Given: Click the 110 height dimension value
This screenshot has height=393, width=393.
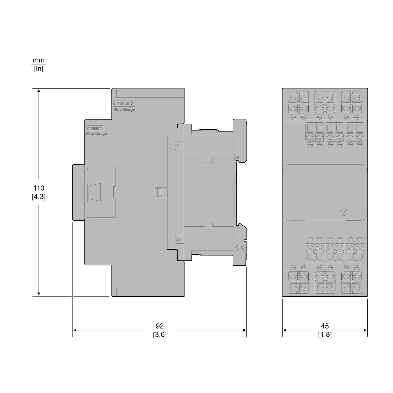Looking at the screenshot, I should tap(39, 188).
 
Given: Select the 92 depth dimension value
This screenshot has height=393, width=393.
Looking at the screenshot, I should tap(160, 326).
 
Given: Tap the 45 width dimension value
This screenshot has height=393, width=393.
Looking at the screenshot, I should tap(325, 326).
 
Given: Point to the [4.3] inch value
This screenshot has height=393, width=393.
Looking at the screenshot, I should tap(39, 197).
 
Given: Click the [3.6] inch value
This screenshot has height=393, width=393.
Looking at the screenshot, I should tap(160, 335).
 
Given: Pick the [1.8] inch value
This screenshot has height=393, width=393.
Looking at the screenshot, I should tap(325, 335).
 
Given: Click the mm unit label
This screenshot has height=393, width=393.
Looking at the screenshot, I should tap(39, 60).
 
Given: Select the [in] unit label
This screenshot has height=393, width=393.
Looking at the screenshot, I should tap(39, 69).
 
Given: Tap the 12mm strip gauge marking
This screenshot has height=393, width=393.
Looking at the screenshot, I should tap(124, 103).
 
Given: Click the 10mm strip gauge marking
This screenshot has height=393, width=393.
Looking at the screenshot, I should tap(95, 128).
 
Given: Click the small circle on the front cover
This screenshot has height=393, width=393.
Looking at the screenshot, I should tap(342, 212).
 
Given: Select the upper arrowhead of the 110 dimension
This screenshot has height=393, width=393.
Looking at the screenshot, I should tap(39, 91).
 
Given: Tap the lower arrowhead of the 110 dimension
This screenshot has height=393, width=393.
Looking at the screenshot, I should tap(39, 294).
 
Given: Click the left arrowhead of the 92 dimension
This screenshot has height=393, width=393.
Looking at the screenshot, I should tap(74, 330).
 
